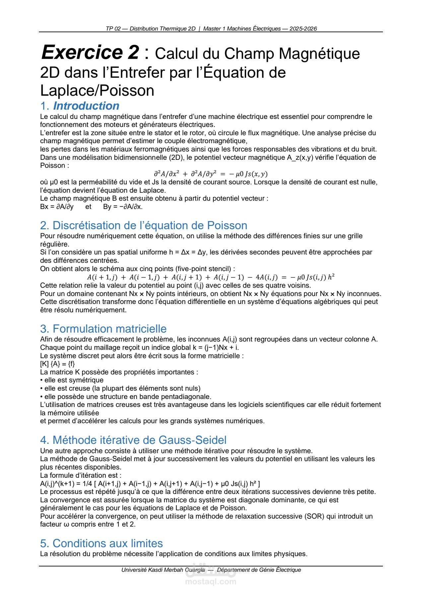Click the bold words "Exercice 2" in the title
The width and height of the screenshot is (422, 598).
click(x=90, y=52)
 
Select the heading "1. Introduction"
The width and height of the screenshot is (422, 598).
click(x=80, y=106)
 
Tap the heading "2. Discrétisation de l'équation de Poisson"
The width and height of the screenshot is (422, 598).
click(x=143, y=225)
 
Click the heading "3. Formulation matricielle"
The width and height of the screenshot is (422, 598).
click(x=103, y=329)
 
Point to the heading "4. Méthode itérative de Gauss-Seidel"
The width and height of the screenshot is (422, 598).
click(x=133, y=440)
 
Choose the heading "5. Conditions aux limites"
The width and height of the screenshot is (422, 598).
click(x=101, y=543)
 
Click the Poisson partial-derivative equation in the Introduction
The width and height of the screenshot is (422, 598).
click(x=210, y=174)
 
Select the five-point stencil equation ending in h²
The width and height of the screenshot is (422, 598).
click(x=210, y=277)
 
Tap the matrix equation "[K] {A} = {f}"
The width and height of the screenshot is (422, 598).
click(x=57, y=364)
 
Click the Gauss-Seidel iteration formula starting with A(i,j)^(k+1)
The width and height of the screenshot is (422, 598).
click(x=150, y=483)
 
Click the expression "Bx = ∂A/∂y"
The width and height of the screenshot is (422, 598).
click(x=57, y=207)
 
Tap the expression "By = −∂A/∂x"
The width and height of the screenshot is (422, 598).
click(x=123, y=207)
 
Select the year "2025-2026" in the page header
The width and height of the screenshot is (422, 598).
click(x=303, y=29)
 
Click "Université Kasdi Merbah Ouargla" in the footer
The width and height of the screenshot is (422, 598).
click(x=163, y=570)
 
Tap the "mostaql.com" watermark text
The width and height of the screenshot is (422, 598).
click(x=211, y=581)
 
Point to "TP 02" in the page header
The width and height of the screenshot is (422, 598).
click(x=113, y=29)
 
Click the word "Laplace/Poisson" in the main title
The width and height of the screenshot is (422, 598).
click(x=97, y=90)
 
